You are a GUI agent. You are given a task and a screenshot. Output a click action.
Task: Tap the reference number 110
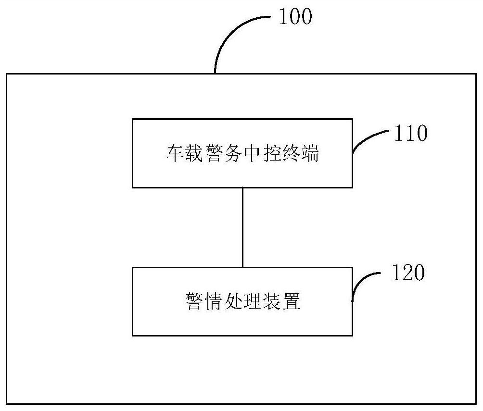coord(410,134)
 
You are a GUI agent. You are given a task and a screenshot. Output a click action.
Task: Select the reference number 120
coord(408,273)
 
